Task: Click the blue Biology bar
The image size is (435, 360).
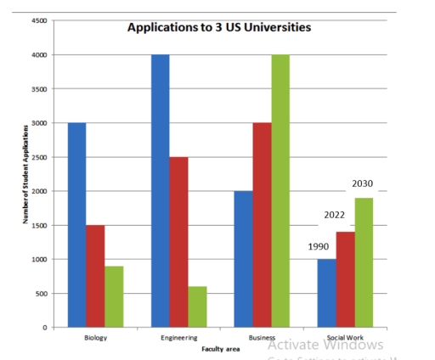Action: pos(76,225)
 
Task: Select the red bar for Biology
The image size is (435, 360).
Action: pos(95,276)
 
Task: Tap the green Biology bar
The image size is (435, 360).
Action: pos(114,296)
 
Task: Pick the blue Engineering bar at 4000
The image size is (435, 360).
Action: pos(159,191)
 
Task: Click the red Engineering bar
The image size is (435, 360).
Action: pos(178,242)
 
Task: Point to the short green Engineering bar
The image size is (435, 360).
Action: pos(196,307)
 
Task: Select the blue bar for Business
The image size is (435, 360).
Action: pos(242,259)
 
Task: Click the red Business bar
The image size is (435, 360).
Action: pos(261,225)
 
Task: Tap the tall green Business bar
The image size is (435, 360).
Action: pos(280,191)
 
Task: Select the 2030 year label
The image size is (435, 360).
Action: pos(363,183)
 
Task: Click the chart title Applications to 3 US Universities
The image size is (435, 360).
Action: pos(218,27)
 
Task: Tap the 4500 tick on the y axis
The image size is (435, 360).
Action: pos(39,20)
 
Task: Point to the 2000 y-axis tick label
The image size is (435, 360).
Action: pos(39,191)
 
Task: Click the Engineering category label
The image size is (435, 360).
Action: pos(178,338)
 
